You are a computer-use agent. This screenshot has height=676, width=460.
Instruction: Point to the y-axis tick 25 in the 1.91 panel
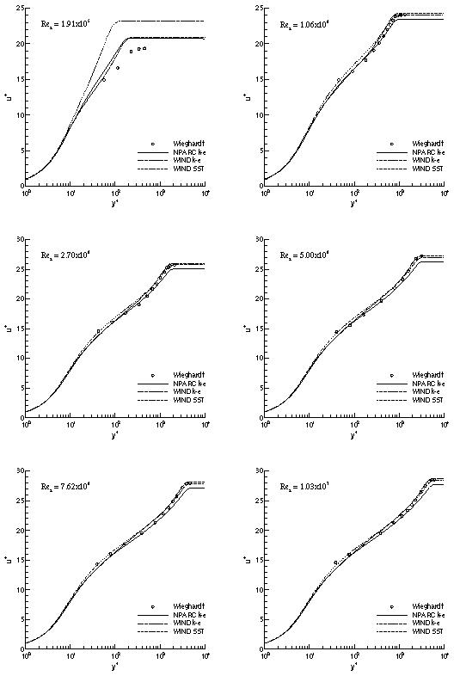19,9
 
